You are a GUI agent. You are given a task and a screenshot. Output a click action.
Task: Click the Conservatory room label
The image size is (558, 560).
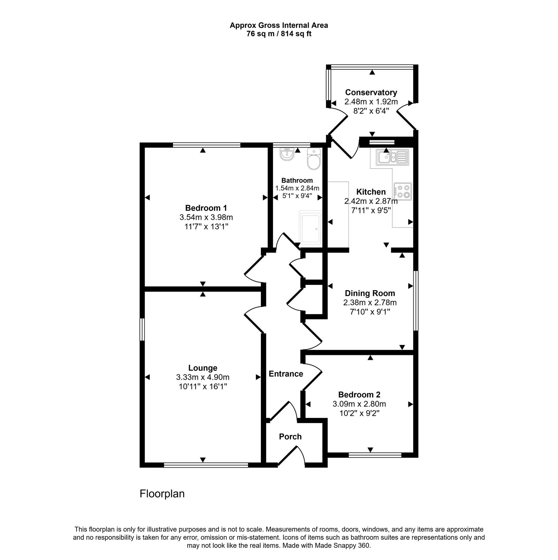371,92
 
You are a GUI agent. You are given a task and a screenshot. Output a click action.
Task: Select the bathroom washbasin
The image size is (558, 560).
287,155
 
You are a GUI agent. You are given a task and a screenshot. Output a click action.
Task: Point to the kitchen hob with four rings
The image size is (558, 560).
403,191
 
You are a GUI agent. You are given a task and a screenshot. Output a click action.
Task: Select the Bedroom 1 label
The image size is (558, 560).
206,208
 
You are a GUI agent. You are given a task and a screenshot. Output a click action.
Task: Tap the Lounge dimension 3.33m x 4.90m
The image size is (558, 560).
203,377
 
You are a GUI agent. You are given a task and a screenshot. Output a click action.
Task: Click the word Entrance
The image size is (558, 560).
286,374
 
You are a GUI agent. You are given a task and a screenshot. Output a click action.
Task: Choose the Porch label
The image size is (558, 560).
290,436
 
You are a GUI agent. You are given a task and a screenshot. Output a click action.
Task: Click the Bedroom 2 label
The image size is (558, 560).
359,395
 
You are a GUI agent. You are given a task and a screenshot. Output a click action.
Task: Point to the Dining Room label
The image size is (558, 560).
370,293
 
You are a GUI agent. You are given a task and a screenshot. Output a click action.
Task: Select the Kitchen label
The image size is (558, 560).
371,192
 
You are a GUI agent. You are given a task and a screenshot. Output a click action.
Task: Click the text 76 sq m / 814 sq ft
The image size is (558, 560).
279,34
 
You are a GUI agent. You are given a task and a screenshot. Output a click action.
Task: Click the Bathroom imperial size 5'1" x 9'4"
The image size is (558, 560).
297,196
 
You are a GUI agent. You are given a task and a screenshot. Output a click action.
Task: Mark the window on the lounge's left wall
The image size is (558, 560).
142,329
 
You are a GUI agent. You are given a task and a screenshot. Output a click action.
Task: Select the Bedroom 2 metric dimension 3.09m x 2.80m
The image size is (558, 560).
359,404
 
